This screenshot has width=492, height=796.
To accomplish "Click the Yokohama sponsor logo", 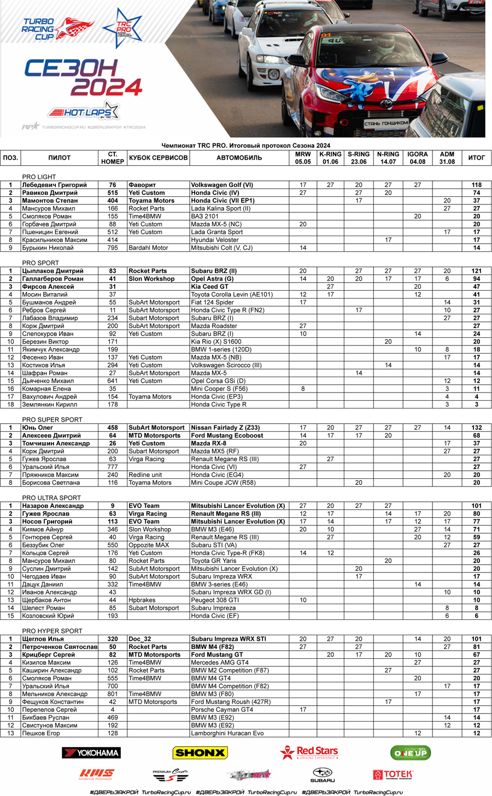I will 91,753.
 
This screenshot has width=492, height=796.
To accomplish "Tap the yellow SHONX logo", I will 200,753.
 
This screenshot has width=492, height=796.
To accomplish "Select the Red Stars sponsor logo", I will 309,753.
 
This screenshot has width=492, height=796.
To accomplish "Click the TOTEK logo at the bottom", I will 393,774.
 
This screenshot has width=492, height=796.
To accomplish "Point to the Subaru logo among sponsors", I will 323,775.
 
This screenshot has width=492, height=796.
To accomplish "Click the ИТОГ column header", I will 476,157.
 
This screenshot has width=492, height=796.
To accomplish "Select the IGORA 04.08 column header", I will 417,157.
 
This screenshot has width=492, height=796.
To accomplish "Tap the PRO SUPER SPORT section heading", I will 52,420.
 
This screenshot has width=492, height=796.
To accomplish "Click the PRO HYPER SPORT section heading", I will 52,631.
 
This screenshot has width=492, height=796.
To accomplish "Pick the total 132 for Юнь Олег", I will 476,428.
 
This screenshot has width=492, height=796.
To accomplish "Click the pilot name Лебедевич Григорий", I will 54,185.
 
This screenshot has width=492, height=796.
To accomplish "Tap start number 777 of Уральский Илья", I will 113,467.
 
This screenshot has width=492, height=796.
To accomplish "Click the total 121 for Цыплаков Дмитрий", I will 476,271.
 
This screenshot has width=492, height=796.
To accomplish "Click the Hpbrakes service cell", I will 142,600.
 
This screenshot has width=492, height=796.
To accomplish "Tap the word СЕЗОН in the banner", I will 71,68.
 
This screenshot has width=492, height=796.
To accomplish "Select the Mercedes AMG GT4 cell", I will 220,663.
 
